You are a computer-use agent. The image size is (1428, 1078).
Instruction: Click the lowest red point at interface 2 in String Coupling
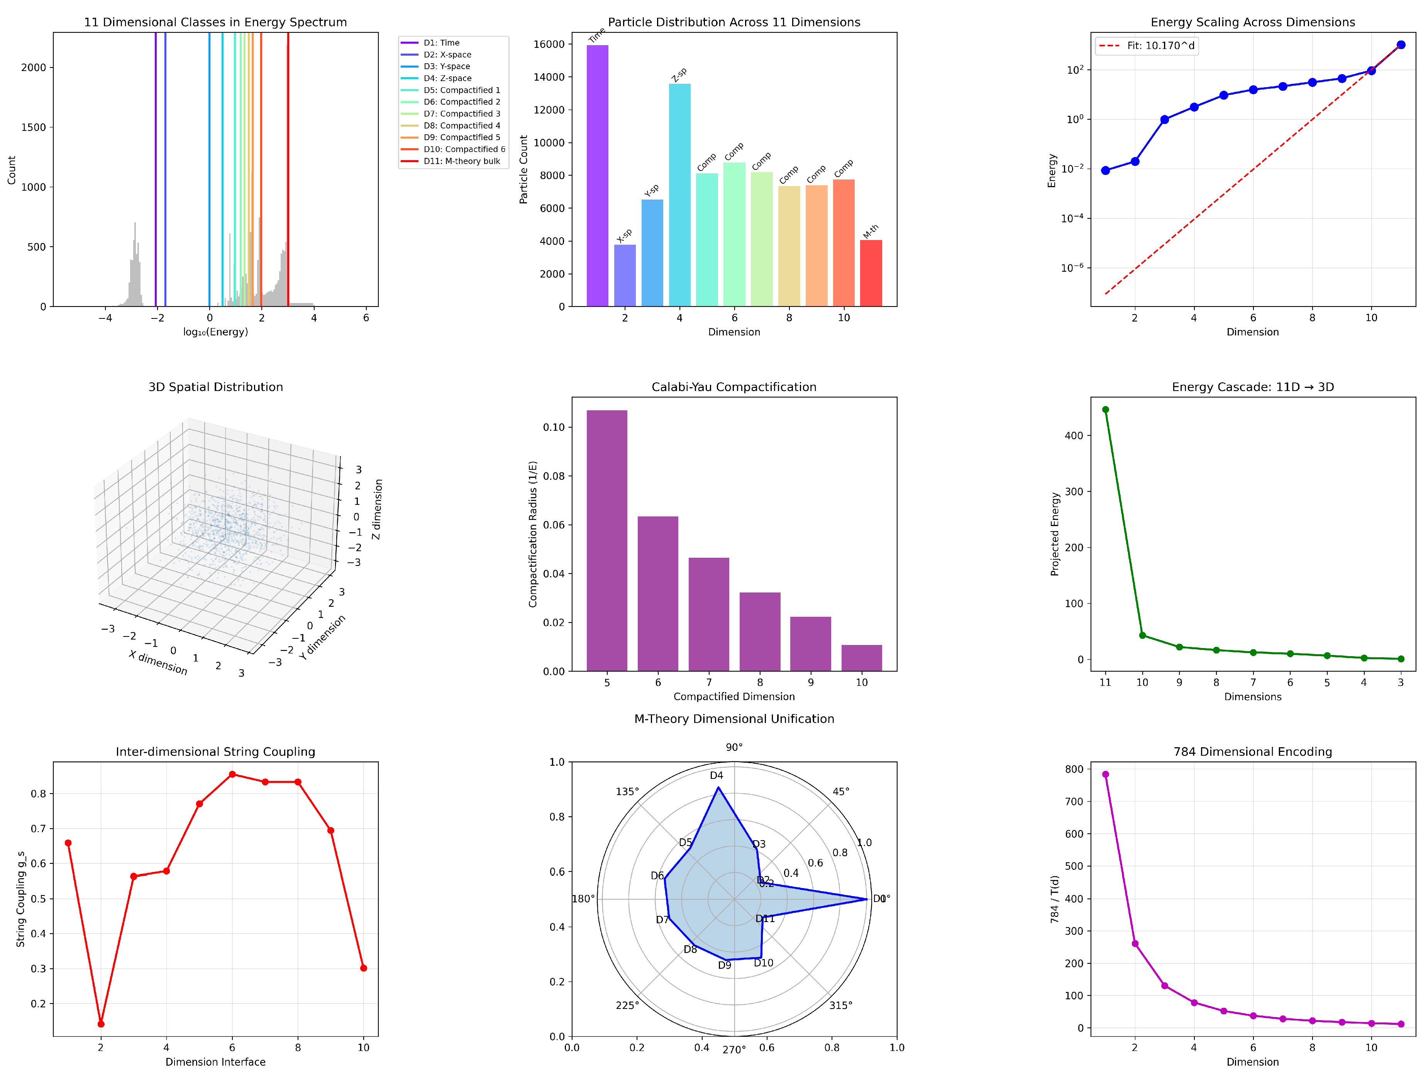coord(101,1024)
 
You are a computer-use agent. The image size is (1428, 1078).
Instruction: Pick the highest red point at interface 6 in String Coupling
coord(232,775)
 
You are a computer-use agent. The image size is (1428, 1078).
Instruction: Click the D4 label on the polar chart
coord(717,776)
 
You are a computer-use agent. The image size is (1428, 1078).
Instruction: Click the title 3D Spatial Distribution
coord(216,387)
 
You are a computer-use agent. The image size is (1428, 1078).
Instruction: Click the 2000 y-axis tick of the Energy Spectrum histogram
coord(34,68)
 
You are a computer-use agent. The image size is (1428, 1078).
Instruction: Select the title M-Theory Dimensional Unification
coord(734,719)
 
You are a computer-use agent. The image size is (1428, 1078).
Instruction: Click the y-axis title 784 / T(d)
coord(1054,899)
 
